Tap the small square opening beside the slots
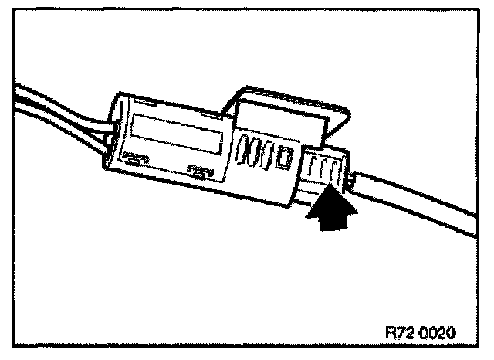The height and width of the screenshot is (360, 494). click(284, 158)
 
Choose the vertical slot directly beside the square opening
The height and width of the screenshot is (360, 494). click(269, 153)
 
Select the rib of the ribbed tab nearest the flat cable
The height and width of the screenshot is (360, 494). click(338, 175)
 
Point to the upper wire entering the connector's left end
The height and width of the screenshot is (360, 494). click(54, 108)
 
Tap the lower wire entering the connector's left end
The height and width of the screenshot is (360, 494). click(54, 135)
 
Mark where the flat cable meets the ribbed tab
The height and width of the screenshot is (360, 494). click(351, 182)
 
